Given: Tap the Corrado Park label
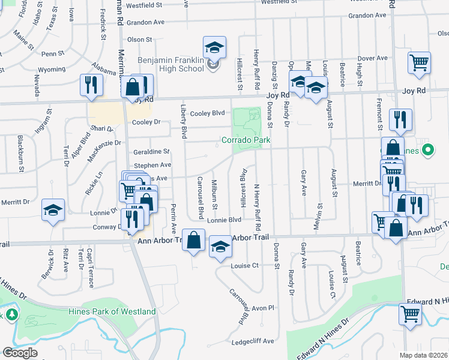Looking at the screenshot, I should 246,140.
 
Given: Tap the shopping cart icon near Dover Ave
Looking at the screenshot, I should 419,62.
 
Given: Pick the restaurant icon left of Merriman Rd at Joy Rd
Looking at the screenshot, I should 91,85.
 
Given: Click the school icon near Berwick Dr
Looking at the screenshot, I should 53,211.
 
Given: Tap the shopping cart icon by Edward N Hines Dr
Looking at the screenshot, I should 410,314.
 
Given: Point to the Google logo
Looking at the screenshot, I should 20,353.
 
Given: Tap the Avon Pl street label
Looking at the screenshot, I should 262,308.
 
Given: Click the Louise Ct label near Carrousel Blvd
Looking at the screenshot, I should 244,265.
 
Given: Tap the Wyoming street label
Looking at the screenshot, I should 53,69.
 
